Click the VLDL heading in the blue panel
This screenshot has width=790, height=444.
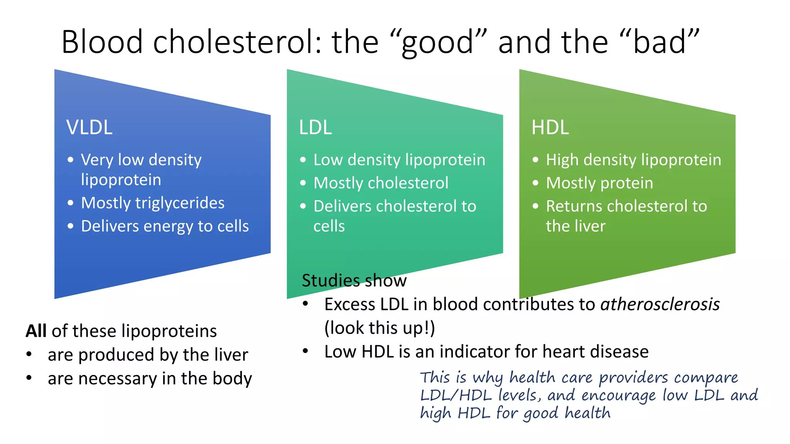coord(89,127)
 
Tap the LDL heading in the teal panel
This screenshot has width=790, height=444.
coord(315,127)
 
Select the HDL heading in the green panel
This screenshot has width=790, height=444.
coord(550,127)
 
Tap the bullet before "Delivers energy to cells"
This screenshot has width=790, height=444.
coord(70,226)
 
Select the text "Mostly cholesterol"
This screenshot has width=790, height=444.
coord(381,183)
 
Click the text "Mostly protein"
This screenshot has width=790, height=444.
coord(599,183)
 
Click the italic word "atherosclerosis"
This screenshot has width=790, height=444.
coord(660,304)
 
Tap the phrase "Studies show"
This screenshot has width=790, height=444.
coord(354,281)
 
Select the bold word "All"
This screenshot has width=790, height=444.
coord(36,331)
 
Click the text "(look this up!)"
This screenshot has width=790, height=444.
coord(380,328)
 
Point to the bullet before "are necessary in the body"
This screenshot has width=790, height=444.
coord(29,378)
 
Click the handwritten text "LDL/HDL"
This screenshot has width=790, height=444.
coord(456,395)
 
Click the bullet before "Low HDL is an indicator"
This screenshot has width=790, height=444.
coord(306,351)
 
